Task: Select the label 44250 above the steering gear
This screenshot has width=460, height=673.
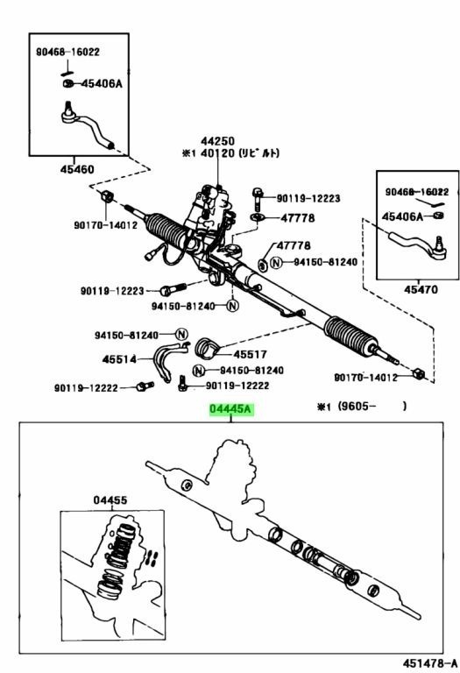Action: pos(217,141)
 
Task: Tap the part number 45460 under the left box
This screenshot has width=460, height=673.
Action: pos(77,169)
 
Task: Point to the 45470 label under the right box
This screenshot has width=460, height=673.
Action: pos(421,290)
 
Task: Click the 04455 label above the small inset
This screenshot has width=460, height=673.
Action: pos(110,500)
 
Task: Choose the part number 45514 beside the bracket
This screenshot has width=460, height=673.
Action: pos(119,358)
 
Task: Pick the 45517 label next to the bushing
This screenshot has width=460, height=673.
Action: pos(251,355)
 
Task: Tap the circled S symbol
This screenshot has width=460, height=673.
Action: pos(263,265)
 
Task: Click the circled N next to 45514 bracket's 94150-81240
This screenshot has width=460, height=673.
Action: pos(181,335)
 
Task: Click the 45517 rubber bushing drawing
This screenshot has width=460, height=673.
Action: pos(208,347)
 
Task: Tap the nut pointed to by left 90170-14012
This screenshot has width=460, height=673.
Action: pos(106,196)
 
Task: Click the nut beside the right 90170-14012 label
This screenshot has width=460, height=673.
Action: pos(418,373)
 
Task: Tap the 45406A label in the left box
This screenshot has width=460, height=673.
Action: pos(102,83)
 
